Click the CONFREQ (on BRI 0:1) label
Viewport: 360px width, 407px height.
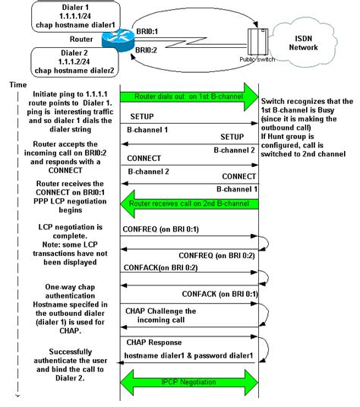coord(162,228)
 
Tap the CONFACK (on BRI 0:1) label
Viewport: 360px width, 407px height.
coord(219,293)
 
